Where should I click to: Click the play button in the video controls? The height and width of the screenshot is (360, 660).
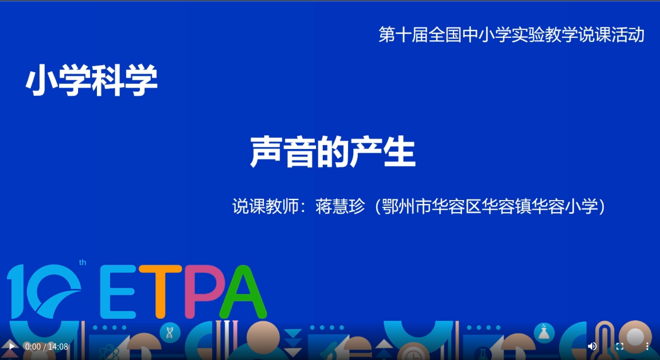pos(12,347)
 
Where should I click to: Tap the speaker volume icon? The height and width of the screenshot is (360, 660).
pos(592,346)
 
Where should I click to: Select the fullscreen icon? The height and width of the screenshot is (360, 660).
pos(620,346)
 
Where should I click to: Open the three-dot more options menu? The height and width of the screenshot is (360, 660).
pos(647,346)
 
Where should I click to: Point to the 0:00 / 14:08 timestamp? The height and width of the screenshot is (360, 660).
pos(46,347)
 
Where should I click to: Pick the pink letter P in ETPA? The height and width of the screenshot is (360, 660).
pos(201,291)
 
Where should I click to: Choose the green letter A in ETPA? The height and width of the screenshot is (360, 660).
pos(244,292)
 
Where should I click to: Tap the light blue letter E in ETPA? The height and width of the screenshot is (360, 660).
pos(118,291)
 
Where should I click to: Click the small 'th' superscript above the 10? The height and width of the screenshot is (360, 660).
pos(83,263)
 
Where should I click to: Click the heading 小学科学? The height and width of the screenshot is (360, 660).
pos(92,80)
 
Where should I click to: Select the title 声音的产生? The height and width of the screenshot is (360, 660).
pos(333,152)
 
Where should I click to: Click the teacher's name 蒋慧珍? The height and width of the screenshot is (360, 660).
pos(340,206)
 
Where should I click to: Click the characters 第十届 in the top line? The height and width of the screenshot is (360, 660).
pos(403,34)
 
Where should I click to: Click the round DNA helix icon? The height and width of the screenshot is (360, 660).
pos(170,333)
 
